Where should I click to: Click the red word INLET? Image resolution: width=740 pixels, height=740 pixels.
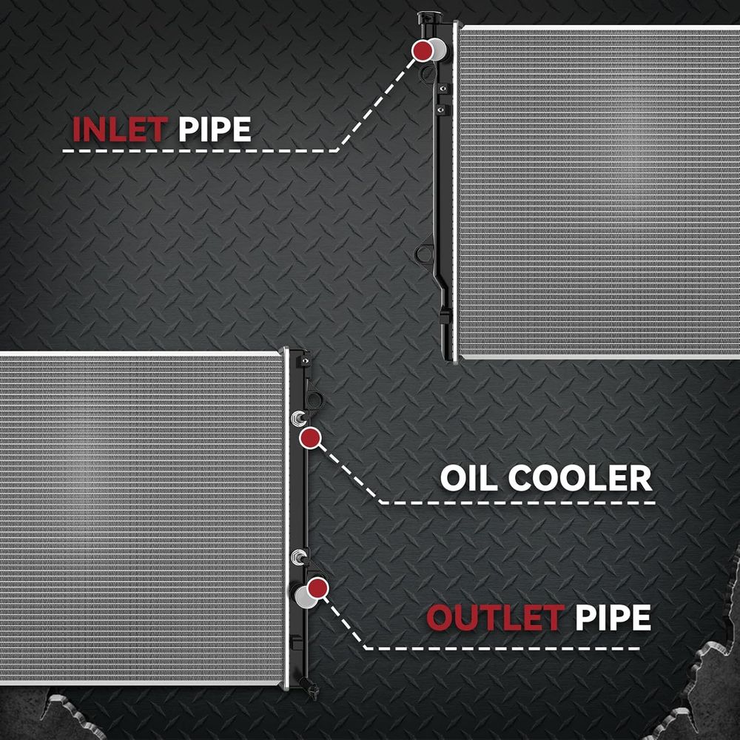point(120,129)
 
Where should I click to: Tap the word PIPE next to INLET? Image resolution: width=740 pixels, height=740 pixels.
point(215,129)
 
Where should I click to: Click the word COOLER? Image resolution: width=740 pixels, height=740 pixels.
point(580,478)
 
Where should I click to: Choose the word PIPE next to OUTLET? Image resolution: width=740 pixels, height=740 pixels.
point(613,617)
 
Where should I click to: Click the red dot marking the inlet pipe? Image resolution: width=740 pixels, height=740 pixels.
point(423,50)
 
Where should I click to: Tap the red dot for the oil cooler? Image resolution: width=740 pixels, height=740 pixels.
point(310,438)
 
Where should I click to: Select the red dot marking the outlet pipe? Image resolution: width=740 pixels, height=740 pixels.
point(317,588)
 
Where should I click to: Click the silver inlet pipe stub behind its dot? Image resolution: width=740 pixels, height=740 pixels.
point(439,50)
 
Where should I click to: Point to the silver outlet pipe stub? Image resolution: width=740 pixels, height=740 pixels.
point(304,596)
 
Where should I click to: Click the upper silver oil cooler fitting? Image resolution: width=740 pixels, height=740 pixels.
point(298,418)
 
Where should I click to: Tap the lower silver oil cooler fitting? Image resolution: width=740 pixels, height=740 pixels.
point(299,557)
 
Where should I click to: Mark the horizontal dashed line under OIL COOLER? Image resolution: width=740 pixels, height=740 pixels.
point(517,503)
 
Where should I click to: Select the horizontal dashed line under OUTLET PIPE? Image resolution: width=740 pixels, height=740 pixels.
point(502,648)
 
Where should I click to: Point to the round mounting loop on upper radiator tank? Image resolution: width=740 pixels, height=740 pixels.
point(424,255)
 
